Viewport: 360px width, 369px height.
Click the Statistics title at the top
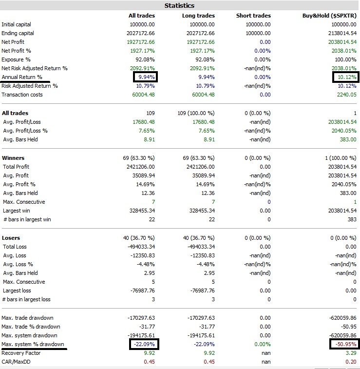point(179,5)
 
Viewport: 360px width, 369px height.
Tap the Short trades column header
point(253,16)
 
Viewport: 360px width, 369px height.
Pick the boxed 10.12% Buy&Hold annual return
point(345,77)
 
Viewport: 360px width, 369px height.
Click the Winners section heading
point(13,158)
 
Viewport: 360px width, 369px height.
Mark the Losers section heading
point(11,238)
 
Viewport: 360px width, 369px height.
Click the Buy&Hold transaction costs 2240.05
point(346,95)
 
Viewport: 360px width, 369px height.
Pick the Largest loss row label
point(17,291)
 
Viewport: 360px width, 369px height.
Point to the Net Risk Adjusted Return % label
point(35,68)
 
